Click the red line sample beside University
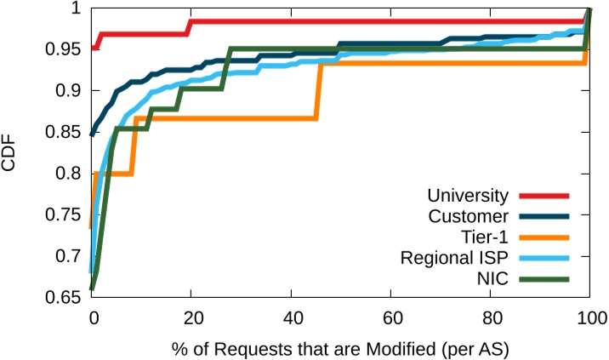[x=543, y=195]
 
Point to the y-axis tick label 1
[x=77, y=9]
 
